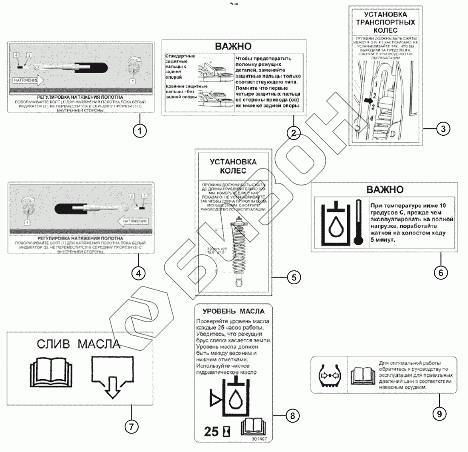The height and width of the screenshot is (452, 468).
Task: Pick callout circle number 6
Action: click(x=440, y=272)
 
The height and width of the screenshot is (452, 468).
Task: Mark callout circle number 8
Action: click(x=292, y=415)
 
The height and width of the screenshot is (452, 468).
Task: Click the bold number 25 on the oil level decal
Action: click(x=211, y=432)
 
